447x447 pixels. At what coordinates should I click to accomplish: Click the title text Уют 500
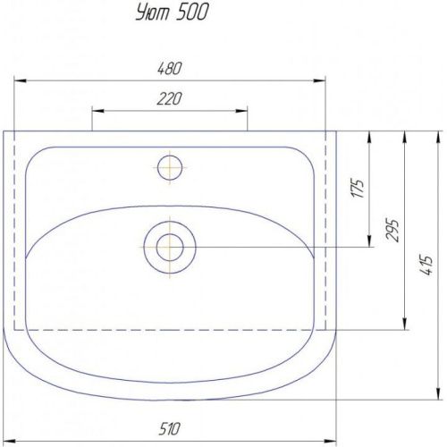tap(173, 13)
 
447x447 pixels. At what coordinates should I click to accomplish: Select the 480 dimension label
tap(169, 69)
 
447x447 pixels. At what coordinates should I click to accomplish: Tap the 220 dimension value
tap(169, 99)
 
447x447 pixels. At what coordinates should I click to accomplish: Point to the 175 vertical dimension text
tap(358, 189)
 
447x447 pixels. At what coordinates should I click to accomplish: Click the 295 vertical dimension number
tap(392, 231)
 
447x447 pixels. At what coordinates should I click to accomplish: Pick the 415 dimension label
tap(426, 265)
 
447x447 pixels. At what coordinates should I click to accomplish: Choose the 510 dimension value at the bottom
tap(169, 429)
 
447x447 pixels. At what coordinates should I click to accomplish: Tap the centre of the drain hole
tap(170, 248)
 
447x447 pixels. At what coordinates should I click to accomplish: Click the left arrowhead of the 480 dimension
tap(21, 80)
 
